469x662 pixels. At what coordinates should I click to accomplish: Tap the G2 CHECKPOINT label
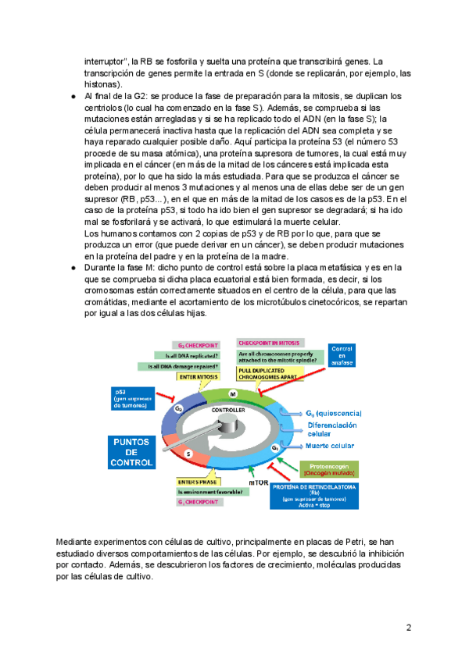click(196, 345)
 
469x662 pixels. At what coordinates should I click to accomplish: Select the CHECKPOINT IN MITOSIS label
click(269, 343)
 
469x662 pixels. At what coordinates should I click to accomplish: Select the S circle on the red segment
click(188, 454)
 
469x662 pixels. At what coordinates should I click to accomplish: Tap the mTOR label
click(259, 483)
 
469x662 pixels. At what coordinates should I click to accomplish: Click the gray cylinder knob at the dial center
click(227, 424)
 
